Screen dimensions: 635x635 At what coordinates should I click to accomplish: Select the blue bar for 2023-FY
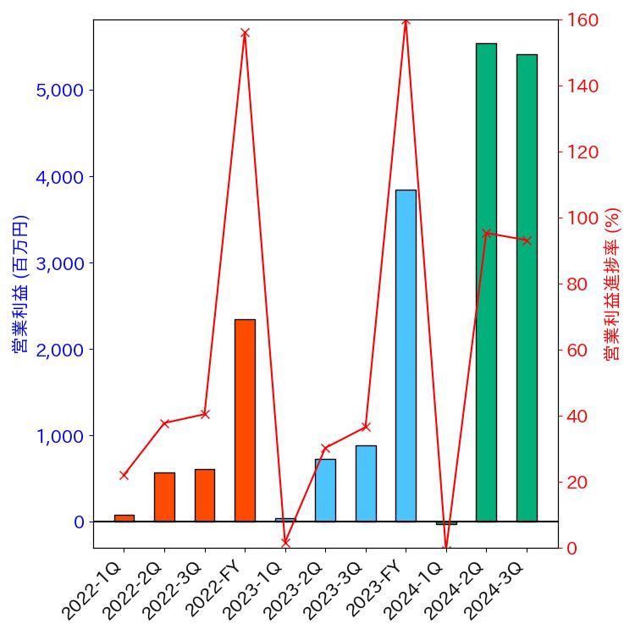pos(406,356)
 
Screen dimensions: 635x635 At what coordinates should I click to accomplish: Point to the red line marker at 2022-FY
pos(245,33)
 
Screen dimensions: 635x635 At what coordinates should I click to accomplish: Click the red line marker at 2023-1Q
pos(285,542)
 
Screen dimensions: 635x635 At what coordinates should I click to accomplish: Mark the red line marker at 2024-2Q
pos(486,233)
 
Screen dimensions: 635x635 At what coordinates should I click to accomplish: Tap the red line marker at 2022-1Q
pos(124,475)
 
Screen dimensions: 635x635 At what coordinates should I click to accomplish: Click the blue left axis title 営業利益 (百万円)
pos(20,284)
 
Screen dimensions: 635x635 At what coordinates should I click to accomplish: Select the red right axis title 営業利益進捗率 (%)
pos(612,284)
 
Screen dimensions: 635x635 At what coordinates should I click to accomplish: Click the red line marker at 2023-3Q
pos(366,427)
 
